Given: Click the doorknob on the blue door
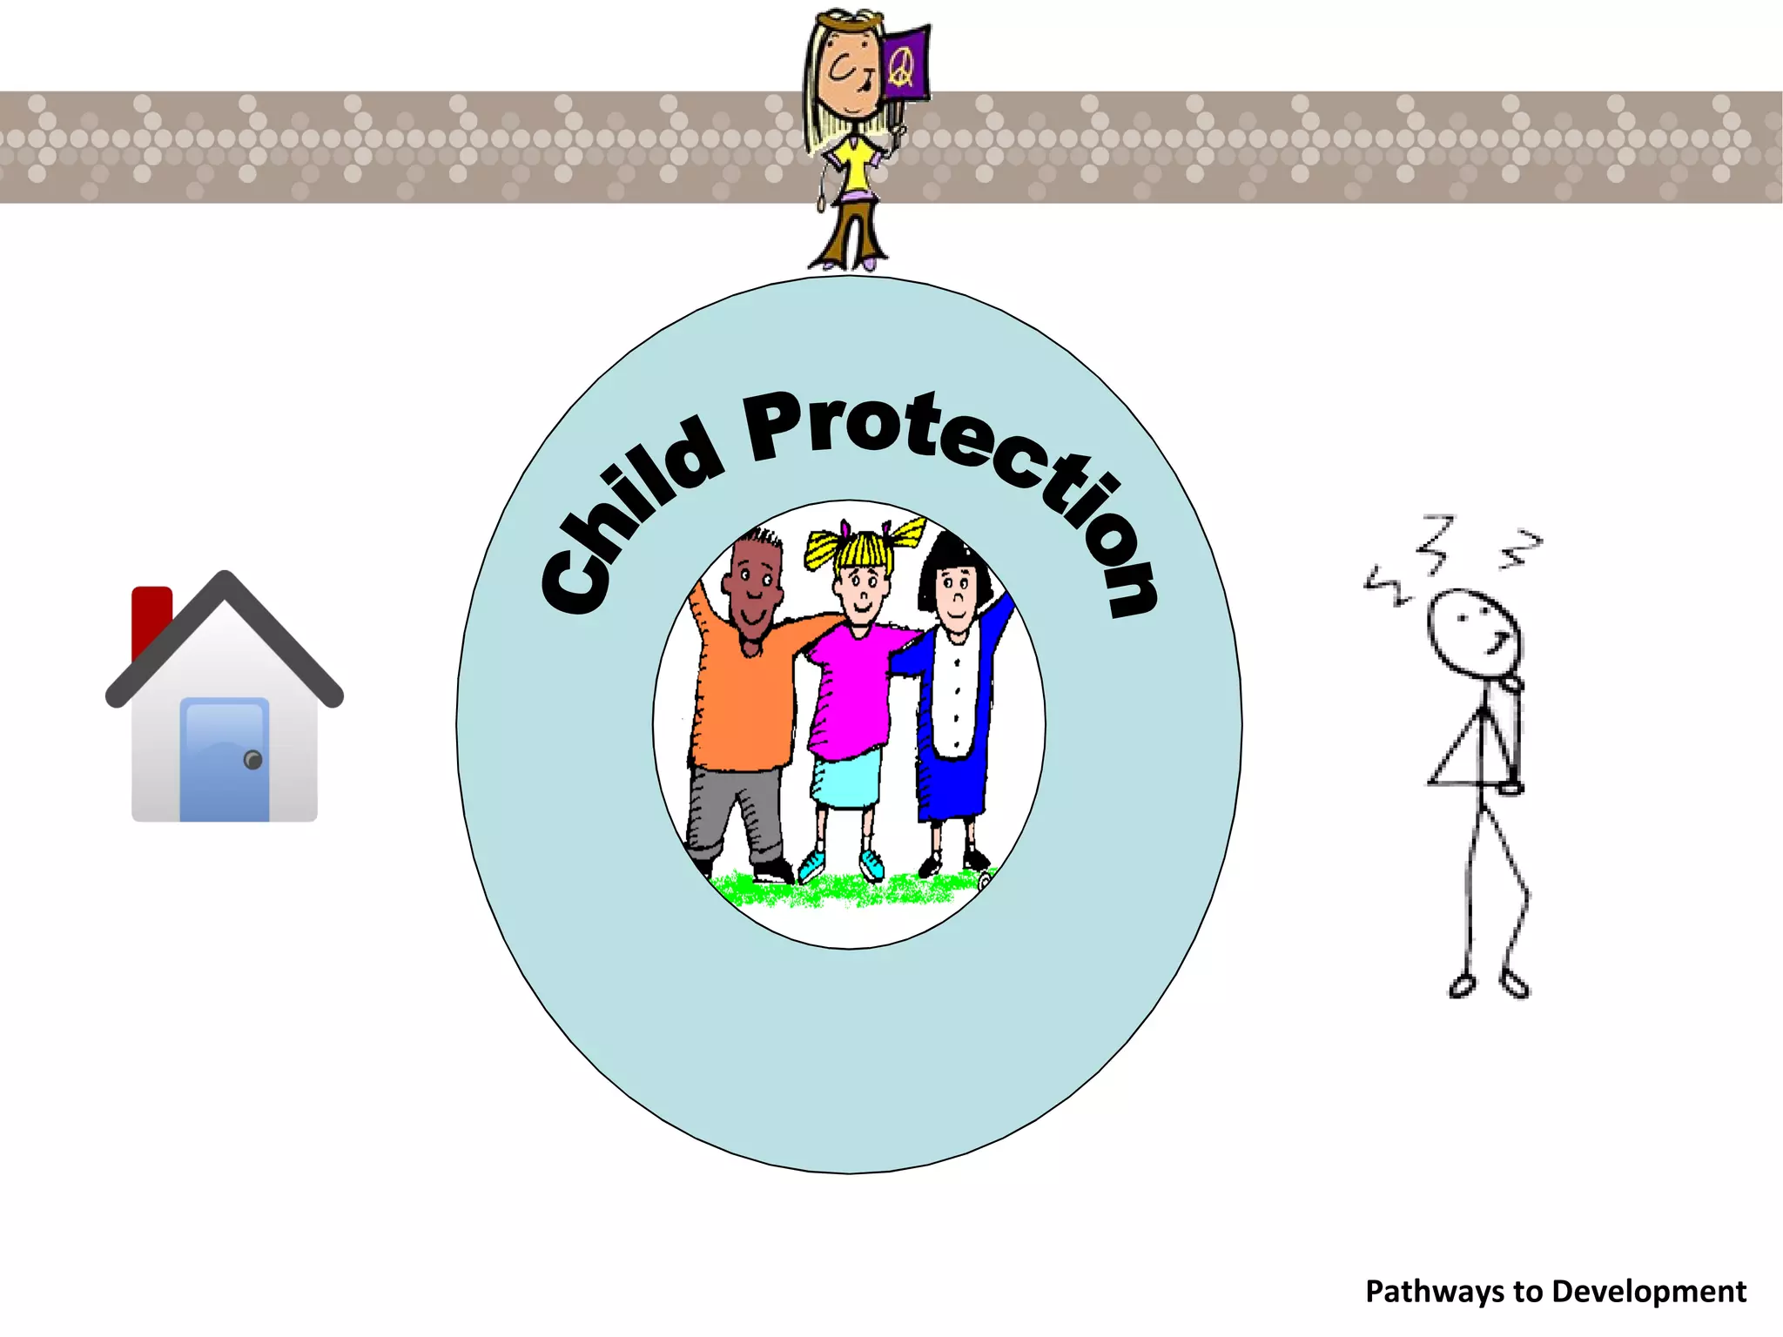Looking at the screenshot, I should [253, 760].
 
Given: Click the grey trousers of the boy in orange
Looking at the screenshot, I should [736, 810].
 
